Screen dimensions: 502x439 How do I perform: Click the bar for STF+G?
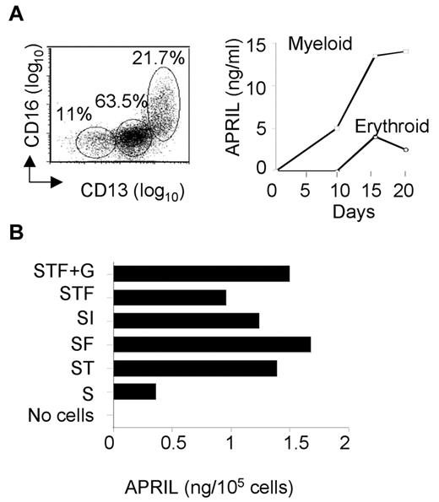click(201, 273)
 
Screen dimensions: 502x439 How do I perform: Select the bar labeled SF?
click(211, 343)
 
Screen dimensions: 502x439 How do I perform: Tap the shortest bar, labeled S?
click(133, 391)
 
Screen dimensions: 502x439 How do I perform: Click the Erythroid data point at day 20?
click(406, 150)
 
